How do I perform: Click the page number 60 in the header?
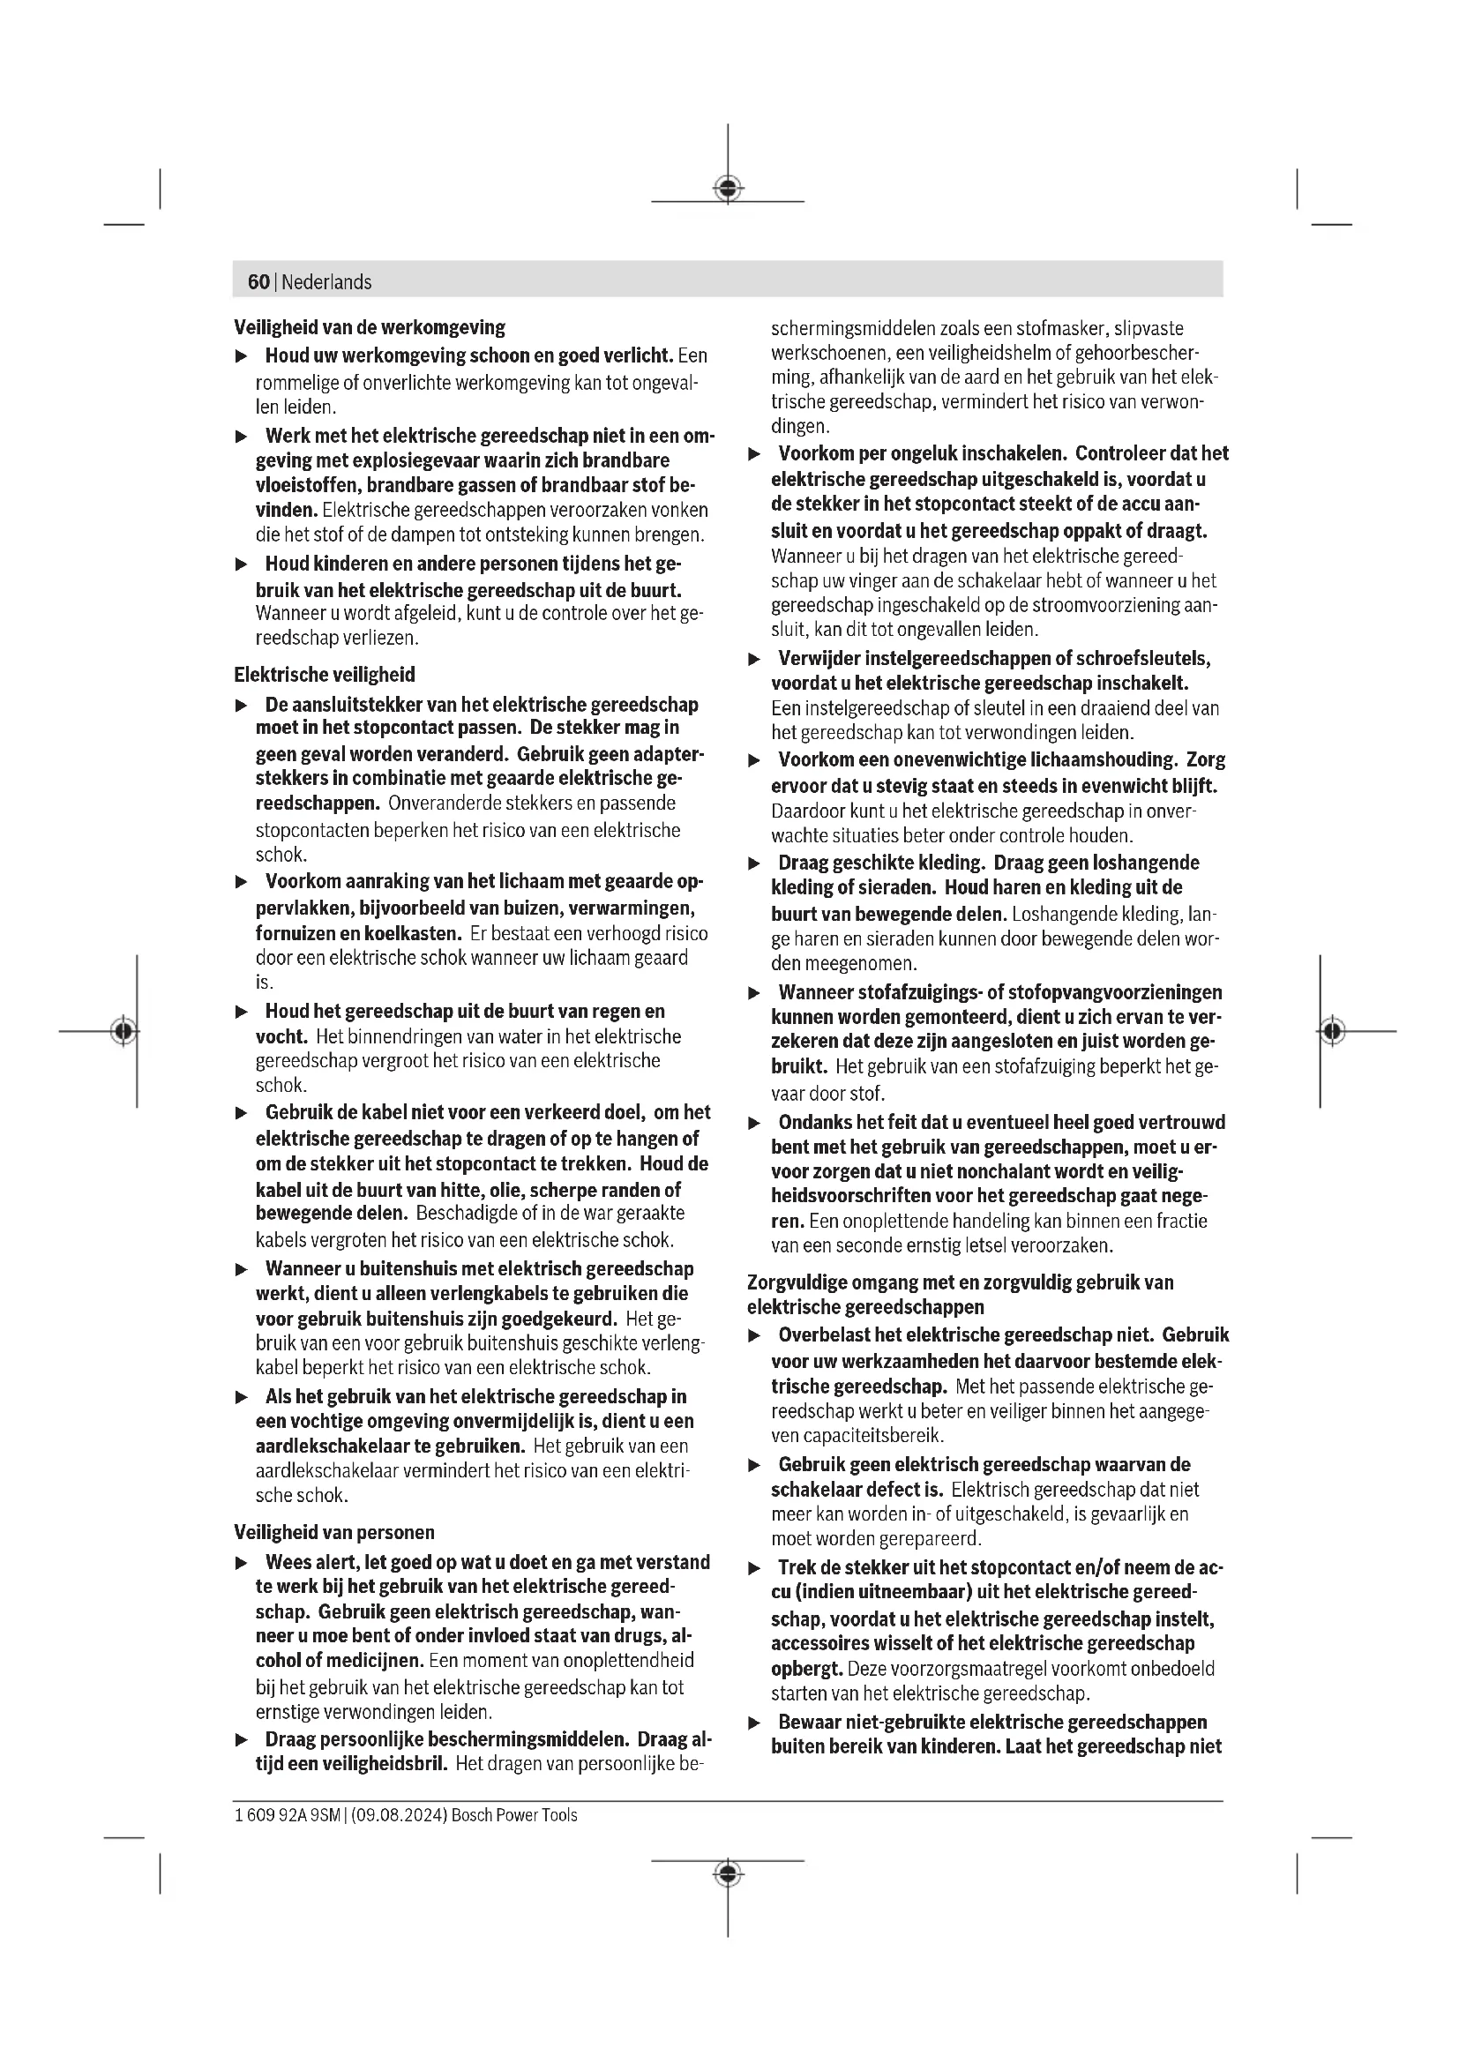coord(258,282)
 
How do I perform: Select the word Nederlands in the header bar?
coord(326,282)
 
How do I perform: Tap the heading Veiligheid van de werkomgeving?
coord(370,327)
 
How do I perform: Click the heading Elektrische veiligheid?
coord(325,675)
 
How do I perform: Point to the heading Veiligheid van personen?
coord(334,1533)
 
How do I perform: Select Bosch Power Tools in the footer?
coord(514,1815)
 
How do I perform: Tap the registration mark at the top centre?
coord(728,189)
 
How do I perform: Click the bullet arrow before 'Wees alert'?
coord(241,1564)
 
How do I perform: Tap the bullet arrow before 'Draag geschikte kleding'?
coord(755,863)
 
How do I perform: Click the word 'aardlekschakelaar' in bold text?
coord(320,1446)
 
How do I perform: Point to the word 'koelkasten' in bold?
coord(412,933)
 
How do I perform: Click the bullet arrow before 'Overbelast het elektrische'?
coord(755,1336)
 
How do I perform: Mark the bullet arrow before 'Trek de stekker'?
coord(755,1568)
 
